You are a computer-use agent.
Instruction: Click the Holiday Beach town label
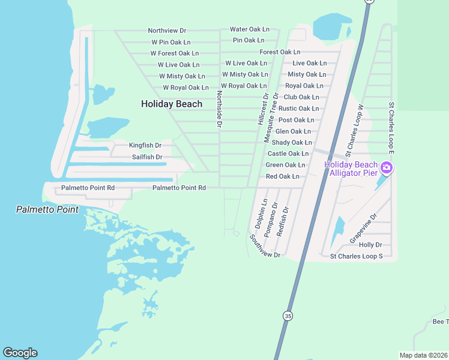tap(172, 104)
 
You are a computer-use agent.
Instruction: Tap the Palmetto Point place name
tap(47, 209)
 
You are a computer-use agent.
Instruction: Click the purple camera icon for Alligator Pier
tap(387, 167)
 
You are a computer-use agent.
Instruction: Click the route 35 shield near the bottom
tap(289, 316)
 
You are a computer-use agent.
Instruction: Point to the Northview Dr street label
tap(167, 31)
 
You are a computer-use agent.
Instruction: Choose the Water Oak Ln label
tap(250, 29)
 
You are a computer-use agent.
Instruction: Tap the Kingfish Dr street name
tap(145, 145)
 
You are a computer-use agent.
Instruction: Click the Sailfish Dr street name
tap(147, 157)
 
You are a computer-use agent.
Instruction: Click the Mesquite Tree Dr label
tap(272, 118)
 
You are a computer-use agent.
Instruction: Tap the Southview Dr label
tap(265, 247)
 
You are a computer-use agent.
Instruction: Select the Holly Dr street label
tap(370, 245)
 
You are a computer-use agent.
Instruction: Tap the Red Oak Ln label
tap(282, 176)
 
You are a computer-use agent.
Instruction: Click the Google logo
tap(20, 353)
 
